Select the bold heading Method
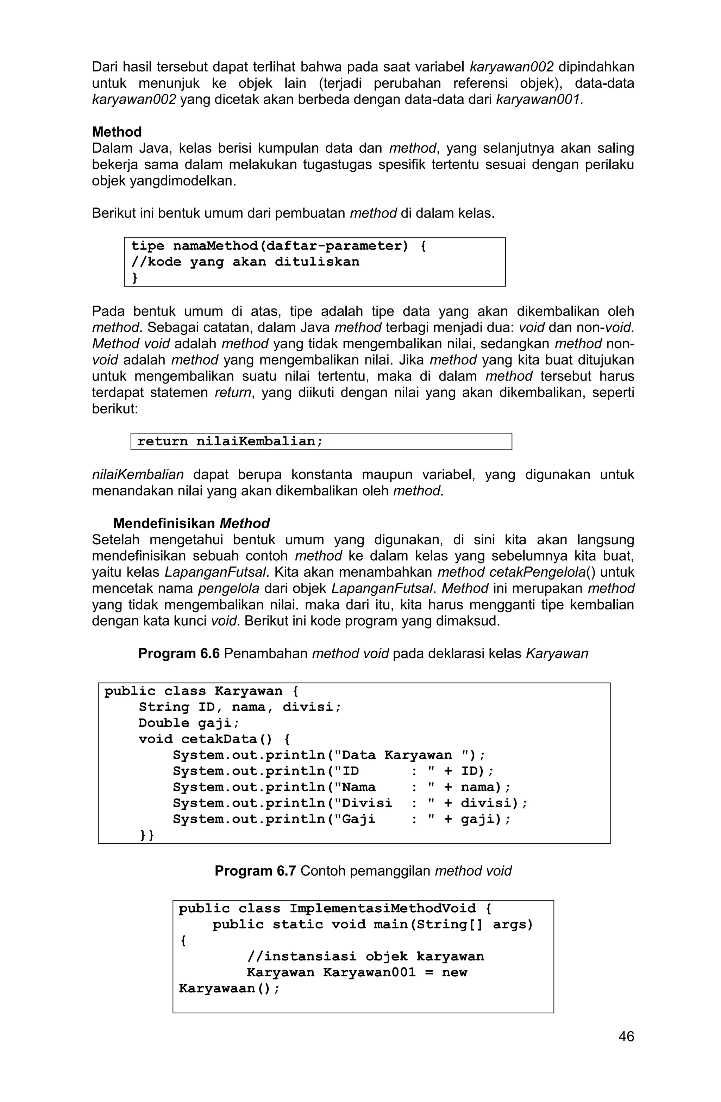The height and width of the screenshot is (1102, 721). tap(117, 132)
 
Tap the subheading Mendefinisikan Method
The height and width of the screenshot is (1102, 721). tap(191, 523)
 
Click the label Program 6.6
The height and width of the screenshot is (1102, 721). tap(179, 653)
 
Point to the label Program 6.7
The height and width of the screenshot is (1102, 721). tap(255, 871)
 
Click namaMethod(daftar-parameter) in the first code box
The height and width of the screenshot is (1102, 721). tap(291, 246)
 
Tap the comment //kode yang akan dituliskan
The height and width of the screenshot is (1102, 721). tap(245, 262)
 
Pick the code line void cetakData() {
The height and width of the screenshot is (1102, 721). tap(214, 739)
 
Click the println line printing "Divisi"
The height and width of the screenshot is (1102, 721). tap(350, 803)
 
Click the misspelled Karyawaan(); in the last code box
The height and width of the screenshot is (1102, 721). tap(229, 989)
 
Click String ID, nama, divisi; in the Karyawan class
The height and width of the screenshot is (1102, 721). tap(239, 707)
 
